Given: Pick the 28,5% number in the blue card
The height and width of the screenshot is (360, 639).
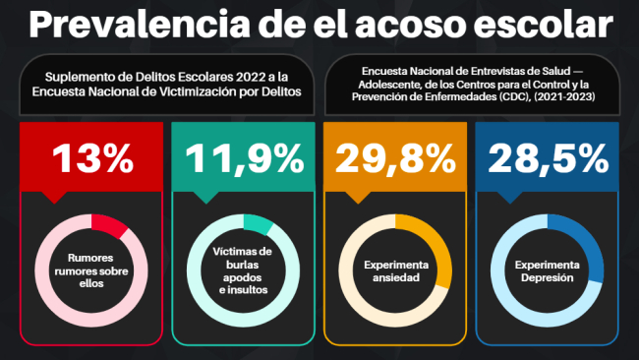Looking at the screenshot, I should tap(549, 158).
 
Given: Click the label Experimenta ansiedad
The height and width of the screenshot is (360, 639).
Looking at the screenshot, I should tap(395, 272).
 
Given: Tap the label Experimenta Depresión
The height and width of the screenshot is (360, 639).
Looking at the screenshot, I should tap(549, 272).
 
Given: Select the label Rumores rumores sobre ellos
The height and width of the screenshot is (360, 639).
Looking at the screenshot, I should tap(90, 272).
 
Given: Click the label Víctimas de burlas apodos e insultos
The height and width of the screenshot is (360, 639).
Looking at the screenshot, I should tap(242, 272).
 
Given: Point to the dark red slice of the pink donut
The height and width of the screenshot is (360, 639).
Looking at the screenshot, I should tap(110, 226).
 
